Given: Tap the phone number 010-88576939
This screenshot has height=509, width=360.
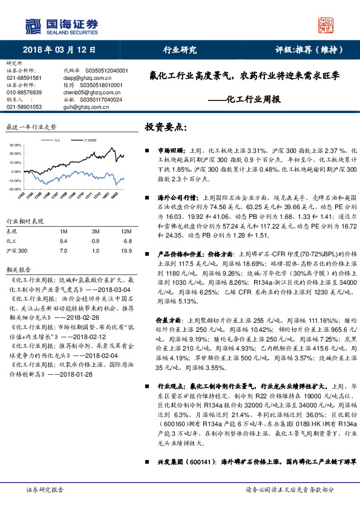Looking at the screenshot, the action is coord(24,92).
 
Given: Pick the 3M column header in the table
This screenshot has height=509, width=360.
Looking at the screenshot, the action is coord(96,232).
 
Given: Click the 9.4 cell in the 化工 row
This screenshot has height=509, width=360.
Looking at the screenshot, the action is coord(62,241).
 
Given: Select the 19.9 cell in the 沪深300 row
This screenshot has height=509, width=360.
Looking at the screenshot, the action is coord(126,250).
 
